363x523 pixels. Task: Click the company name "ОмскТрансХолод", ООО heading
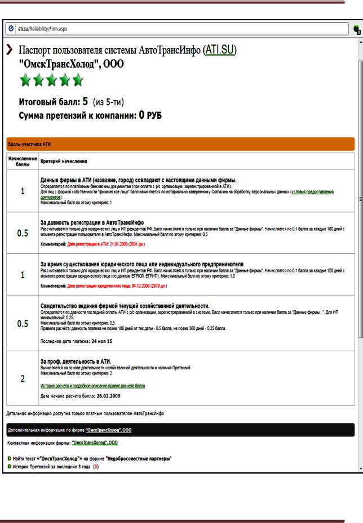(x=72, y=64)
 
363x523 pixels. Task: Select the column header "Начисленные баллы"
(x=23, y=162)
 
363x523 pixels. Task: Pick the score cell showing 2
(x=23, y=379)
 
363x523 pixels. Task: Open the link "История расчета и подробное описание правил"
(x=93, y=386)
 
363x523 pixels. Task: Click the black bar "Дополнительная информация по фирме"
(x=180, y=430)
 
